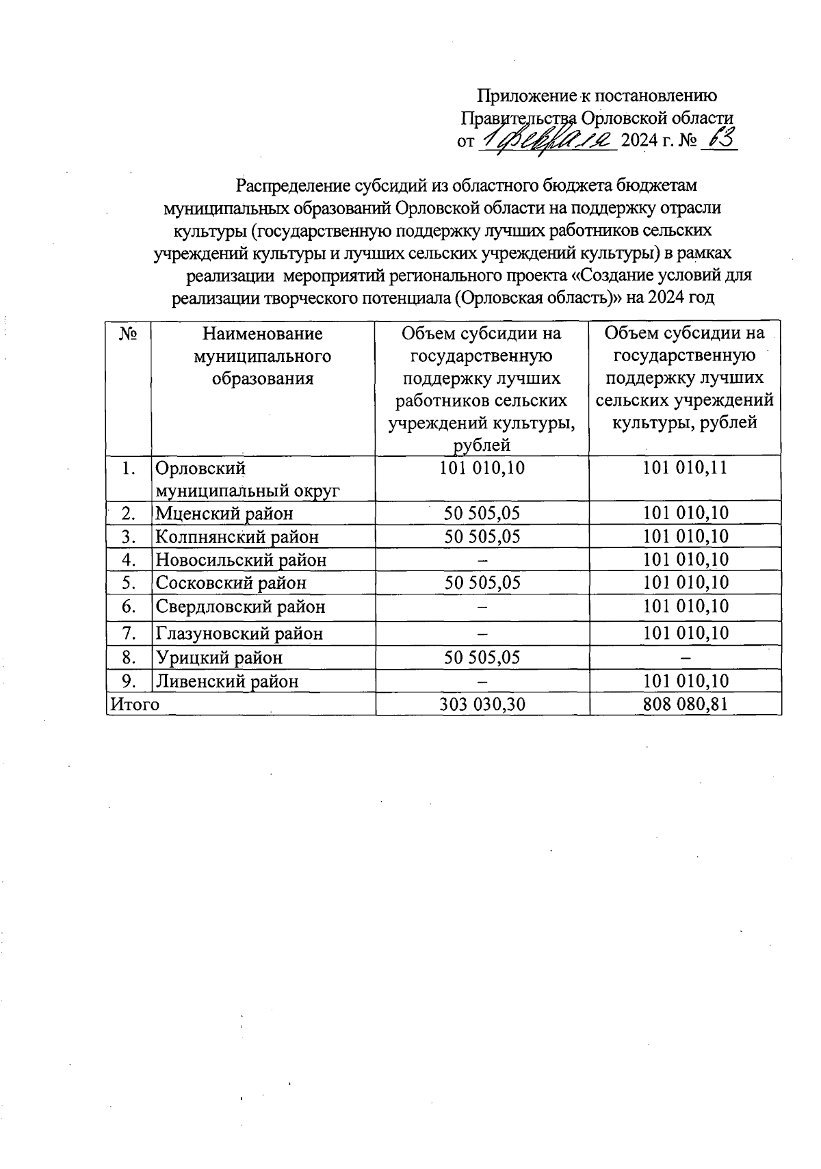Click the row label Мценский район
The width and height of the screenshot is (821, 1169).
224,513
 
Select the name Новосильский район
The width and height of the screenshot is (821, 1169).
241,560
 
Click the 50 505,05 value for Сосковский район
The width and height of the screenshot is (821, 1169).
482,583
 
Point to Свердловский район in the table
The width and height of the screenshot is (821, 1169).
240,607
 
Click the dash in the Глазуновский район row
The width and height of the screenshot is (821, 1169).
482,633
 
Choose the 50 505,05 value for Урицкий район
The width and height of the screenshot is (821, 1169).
482,657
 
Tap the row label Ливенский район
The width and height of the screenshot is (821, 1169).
227,681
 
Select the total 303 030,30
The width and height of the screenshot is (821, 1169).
482,705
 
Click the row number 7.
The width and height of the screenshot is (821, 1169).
128,633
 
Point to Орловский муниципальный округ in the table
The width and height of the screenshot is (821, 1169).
248,480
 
